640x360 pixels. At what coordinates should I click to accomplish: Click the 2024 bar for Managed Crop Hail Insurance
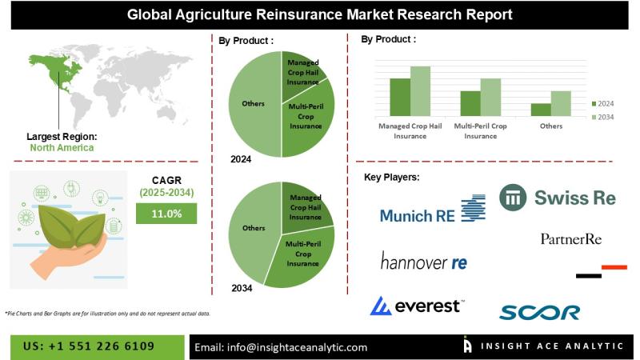coord(400,97)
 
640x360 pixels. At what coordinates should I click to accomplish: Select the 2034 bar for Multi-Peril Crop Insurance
coord(490,97)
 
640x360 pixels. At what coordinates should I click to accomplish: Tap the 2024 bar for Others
coord(541,110)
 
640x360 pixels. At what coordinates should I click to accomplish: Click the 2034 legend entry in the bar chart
coord(603,117)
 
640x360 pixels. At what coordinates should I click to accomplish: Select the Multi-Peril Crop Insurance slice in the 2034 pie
coord(302,255)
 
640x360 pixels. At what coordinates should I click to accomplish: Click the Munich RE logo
coord(433,210)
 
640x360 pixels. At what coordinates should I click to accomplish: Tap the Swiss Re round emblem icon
coord(513,198)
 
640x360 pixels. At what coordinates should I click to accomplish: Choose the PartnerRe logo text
coord(571,239)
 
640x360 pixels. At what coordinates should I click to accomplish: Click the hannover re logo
coord(424,262)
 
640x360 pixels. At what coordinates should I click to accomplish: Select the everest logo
coord(417,306)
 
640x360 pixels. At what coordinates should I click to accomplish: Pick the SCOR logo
coord(539,313)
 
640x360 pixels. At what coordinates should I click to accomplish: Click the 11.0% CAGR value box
coord(166,214)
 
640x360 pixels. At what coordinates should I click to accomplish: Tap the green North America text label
coord(62,148)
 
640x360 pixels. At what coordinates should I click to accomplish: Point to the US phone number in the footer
coord(89,346)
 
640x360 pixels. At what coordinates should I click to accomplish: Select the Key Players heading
coord(392,177)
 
